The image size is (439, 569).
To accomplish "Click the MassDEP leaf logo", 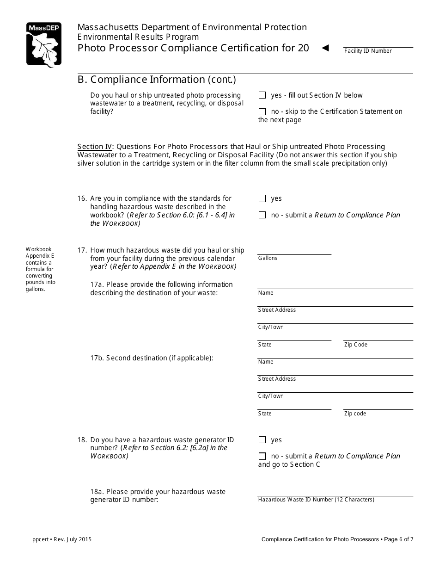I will click(44, 45).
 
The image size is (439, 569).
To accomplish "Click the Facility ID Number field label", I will click(367, 51).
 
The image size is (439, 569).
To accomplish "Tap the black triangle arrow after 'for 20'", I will click(325, 48).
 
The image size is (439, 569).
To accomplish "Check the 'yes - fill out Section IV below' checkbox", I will click(262, 95).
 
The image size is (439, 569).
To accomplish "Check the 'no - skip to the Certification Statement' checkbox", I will click(262, 111).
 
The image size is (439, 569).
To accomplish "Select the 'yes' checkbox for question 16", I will click(262, 198).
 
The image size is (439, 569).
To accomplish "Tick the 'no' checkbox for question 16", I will click(262, 215).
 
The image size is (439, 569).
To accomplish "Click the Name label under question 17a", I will click(266, 293).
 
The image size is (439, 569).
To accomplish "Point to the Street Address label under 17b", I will click(277, 379).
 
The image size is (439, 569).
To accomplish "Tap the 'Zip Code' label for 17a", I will click(355, 345).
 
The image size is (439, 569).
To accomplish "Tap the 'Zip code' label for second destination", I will click(355, 414).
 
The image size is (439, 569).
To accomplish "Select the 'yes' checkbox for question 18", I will click(262, 440).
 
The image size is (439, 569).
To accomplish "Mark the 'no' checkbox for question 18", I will click(262, 456).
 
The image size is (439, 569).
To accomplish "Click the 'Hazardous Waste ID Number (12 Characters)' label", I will click(316, 500).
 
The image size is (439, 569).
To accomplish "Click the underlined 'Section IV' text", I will click(95, 147).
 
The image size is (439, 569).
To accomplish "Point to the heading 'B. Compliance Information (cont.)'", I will click(157, 80).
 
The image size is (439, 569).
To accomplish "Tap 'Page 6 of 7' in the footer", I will click(398, 539).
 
